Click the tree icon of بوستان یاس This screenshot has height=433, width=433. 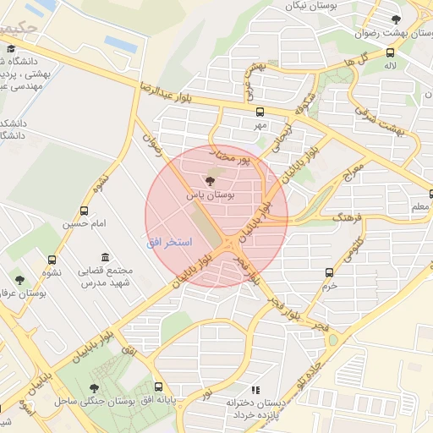point(211,181)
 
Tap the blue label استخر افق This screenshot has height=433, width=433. point(169,243)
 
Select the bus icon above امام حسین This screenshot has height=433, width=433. point(84,211)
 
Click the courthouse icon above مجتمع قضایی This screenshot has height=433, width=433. point(105,257)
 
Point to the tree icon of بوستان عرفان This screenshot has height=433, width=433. point(20,280)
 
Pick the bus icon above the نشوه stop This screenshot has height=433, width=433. point(52,260)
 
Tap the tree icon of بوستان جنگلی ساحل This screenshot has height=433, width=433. point(93,388)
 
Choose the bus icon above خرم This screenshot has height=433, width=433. point(329,272)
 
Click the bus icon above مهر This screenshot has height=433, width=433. point(260,112)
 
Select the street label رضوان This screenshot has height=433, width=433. point(151,134)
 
